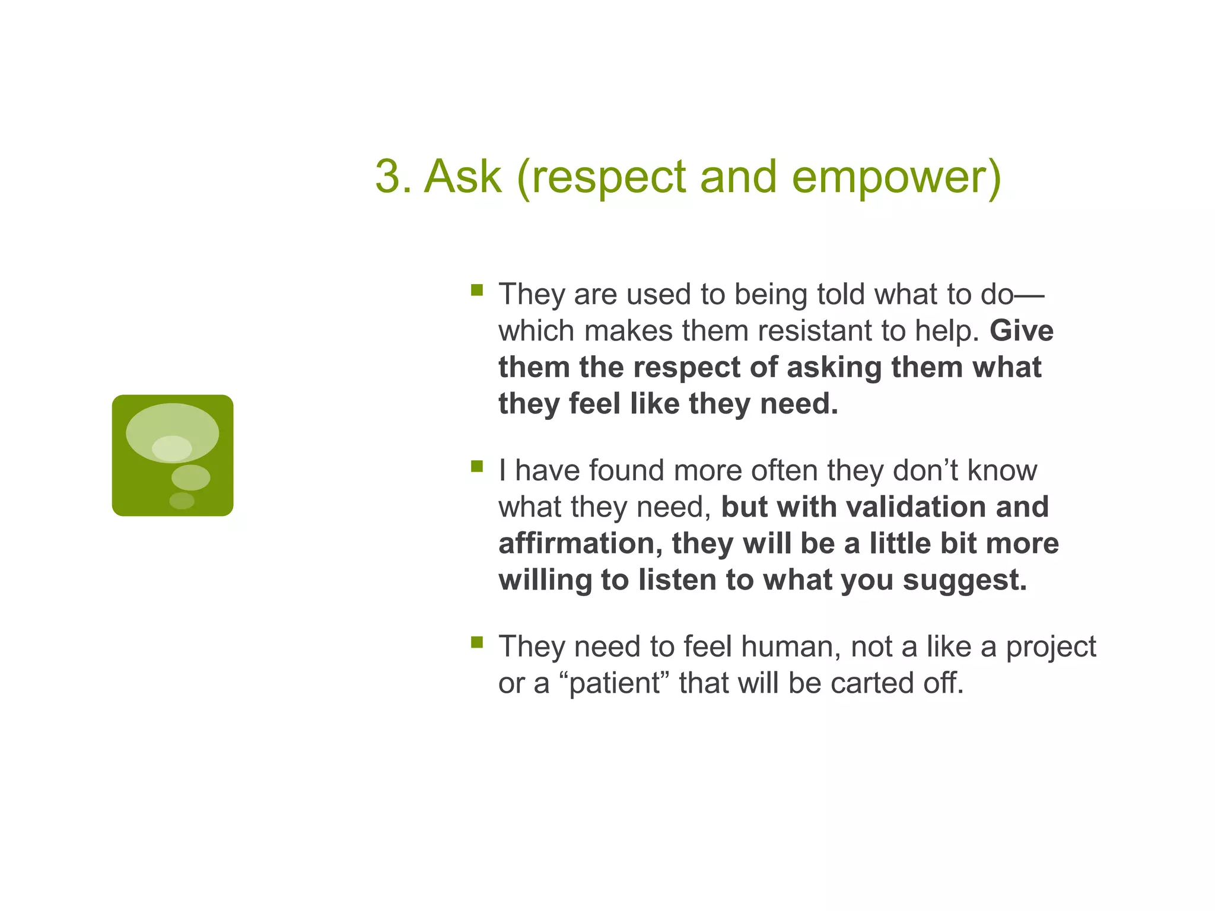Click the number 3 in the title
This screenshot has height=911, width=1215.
pos(389,177)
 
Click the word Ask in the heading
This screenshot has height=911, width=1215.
pos(463,177)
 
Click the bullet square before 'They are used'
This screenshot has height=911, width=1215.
pos(477,290)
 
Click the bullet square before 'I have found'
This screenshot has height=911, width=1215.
pos(477,466)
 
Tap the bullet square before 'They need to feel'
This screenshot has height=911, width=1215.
pos(477,642)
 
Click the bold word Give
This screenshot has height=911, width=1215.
pos(1021,331)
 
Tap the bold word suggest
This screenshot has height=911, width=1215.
pos(964,580)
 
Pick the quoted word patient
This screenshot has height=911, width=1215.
pos(615,683)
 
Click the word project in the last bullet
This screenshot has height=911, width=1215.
pos(1051,648)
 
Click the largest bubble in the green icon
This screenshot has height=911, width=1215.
pos(172,425)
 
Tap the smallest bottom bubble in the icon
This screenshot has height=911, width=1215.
pos(182,501)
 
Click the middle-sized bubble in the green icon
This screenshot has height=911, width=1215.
pos(190,477)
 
